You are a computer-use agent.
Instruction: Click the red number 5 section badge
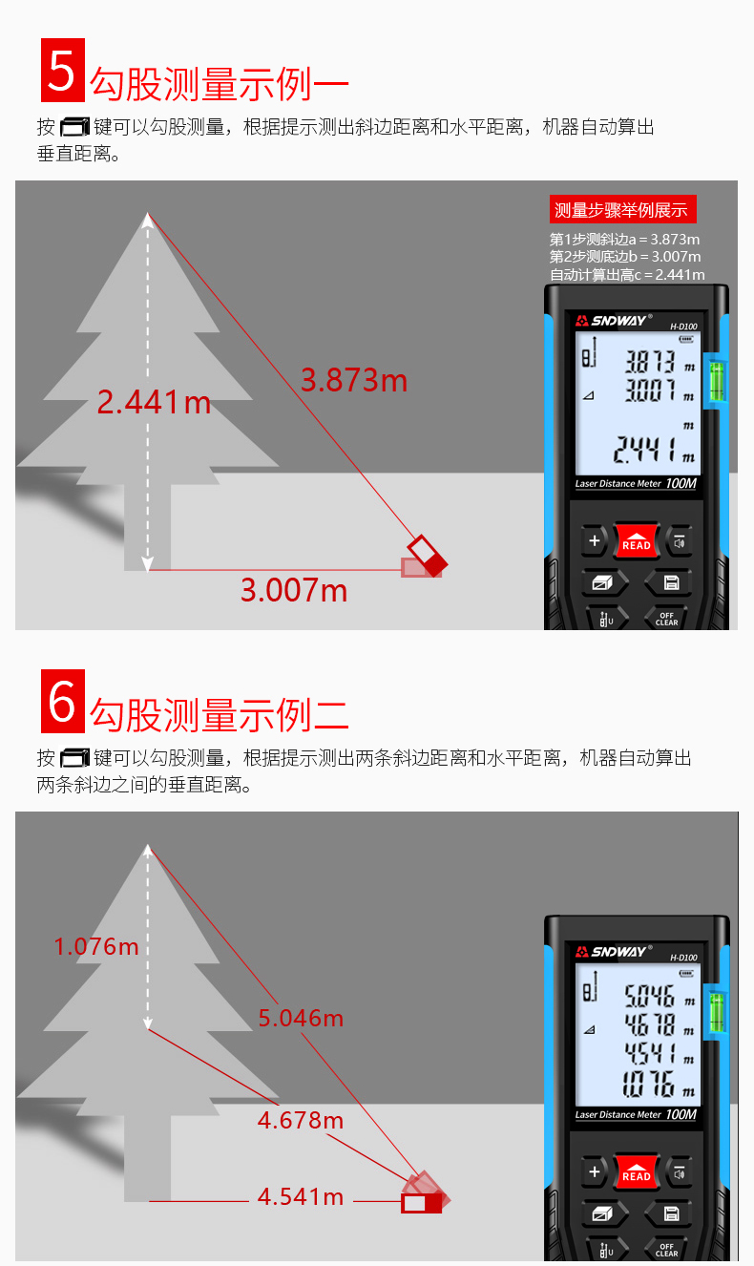point(62,71)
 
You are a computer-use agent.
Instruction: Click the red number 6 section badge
point(62,702)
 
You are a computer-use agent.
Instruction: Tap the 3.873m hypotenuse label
point(353,380)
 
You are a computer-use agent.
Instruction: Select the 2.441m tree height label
point(154,402)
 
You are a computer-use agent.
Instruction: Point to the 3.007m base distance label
point(293,590)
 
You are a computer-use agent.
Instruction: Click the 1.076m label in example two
point(96,946)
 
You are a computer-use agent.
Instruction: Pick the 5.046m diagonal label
point(301,1018)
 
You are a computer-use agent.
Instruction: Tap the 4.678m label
point(300,1119)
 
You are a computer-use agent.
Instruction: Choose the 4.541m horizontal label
point(300,1196)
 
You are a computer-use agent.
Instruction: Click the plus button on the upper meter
point(594,541)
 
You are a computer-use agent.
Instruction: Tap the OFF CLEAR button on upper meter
point(666,619)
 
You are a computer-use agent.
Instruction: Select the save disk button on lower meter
point(670,1213)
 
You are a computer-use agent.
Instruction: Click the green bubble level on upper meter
point(715,380)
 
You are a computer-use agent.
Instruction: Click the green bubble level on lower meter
point(715,1012)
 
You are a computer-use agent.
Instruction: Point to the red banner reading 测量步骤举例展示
point(624,210)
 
